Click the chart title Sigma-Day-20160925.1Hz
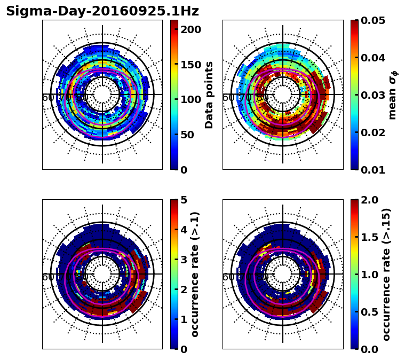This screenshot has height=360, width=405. click(102, 11)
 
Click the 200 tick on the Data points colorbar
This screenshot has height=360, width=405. click(190, 29)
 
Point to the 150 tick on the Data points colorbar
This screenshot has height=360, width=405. click(190, 65)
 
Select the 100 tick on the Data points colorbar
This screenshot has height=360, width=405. click(190, 99)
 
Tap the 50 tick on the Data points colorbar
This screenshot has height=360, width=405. click(187, 135)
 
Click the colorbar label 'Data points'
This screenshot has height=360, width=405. click(209, 95)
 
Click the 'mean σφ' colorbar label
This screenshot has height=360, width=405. click(393, 95)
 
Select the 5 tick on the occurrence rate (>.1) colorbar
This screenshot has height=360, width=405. click(183, 200)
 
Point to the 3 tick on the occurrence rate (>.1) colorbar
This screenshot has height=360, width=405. click(183, 260)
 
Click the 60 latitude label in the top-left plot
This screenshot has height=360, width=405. click(47, 98)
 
